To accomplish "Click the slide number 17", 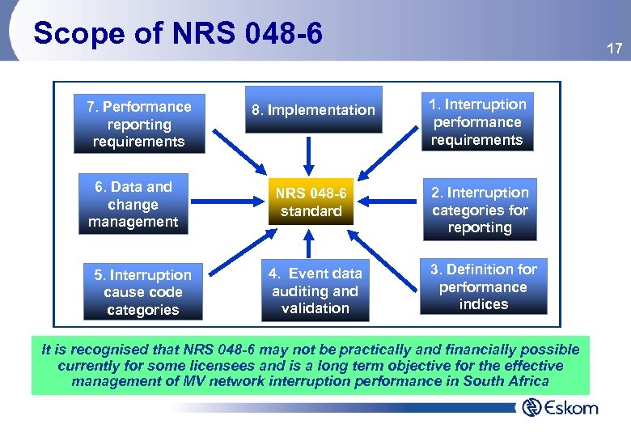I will click(x=614, y=49).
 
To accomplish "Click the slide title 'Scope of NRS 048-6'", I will click(x=178, y=33).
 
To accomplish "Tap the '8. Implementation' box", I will click(x=313, y=110).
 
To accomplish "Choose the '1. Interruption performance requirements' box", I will click(x=476, y=122).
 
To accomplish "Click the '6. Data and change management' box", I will click(x=133, y=204).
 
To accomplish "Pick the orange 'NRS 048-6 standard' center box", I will click(x=311, y=202).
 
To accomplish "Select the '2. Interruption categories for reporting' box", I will click(x=479, y=210).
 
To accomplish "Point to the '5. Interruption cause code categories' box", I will click(x=142, y=292).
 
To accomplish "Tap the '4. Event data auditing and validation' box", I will click(x=315, y=291).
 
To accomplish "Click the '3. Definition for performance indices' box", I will click(x=483, y=286).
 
